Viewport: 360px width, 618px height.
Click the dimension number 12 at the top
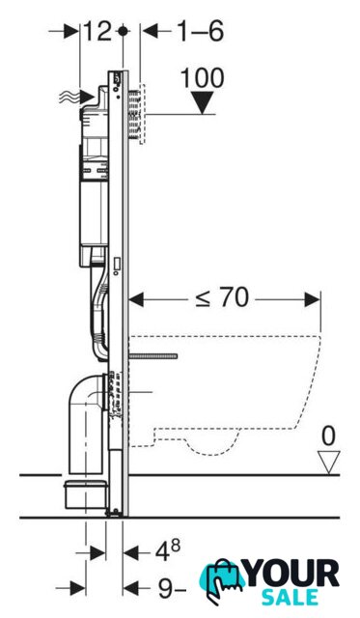[x=97, y=31]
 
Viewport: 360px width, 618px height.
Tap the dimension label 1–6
[x=201, y=31]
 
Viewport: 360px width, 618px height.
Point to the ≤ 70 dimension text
[x=222, y=297]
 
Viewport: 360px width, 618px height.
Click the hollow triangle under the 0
[x=328, y=463]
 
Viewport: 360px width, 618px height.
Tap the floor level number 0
[x=328, y=436]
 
